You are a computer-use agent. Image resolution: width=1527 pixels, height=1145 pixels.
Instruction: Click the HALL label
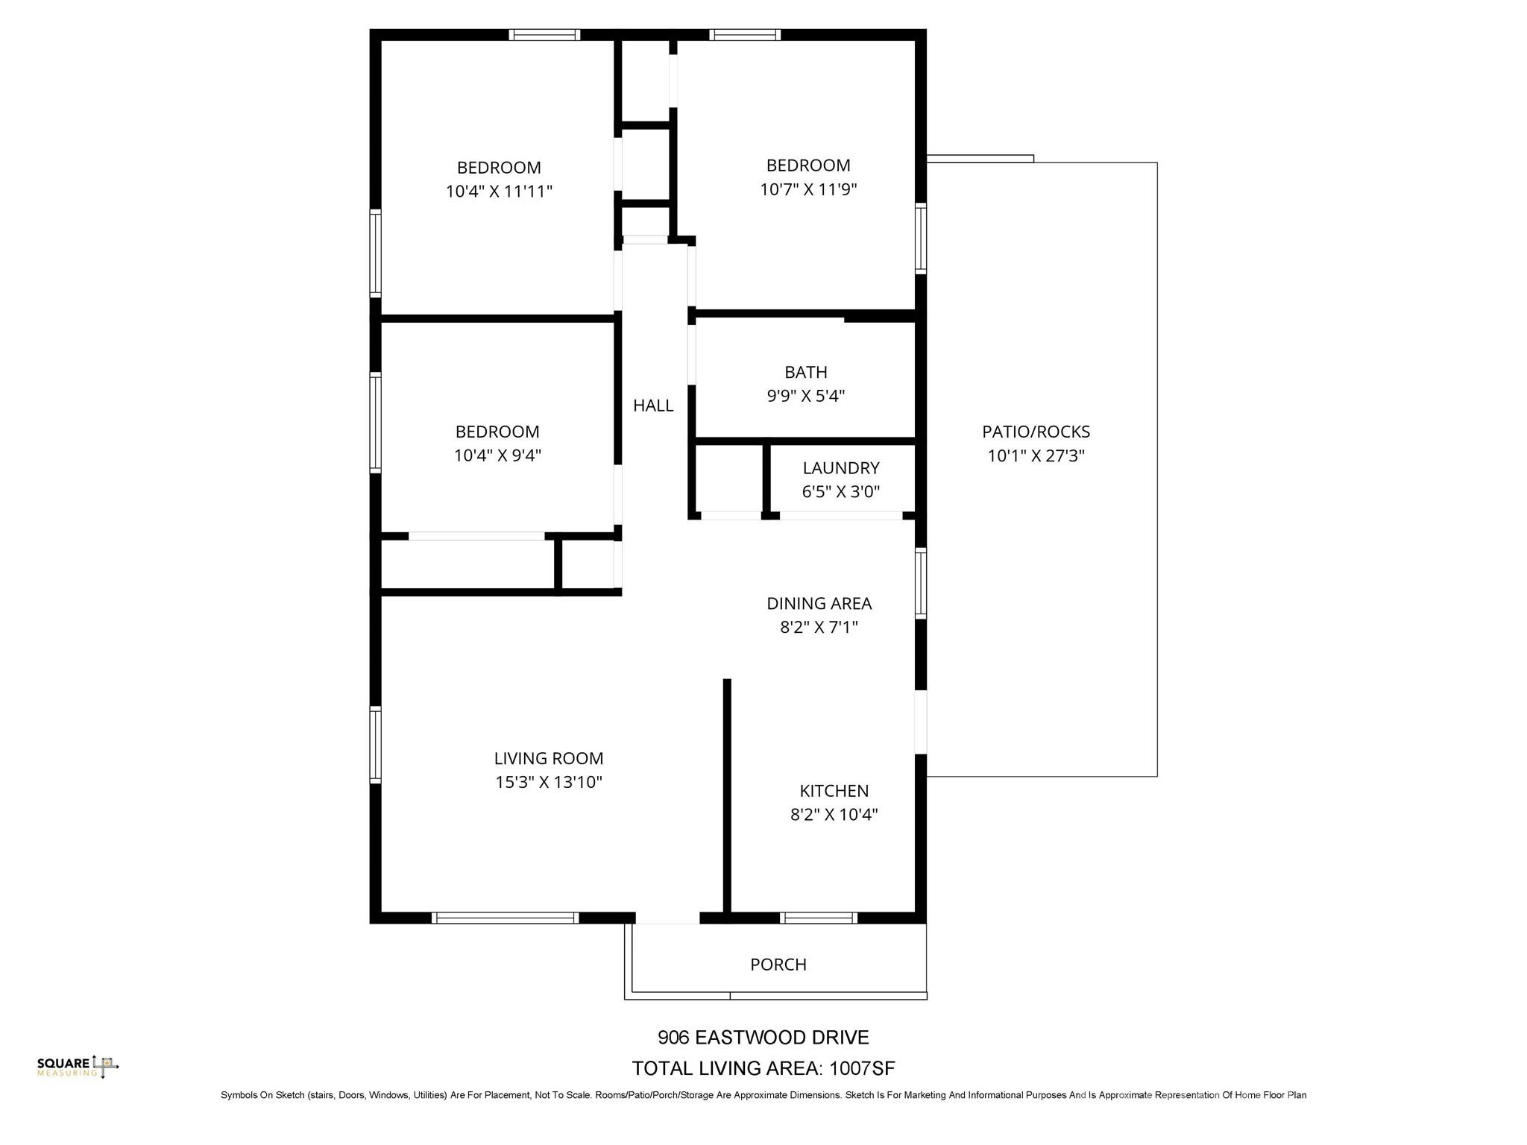pos(653,406)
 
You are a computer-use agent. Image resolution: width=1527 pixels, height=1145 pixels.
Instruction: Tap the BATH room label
pos(805,372)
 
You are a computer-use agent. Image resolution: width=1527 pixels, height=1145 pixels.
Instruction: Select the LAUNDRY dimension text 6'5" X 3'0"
pos(841,492)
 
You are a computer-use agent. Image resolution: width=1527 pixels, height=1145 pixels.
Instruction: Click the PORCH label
pos(778,965)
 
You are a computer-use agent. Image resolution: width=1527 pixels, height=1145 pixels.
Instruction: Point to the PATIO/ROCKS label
pos(1036,432)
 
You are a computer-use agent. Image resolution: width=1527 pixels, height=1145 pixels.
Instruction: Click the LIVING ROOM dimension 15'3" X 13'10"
pos(549,782)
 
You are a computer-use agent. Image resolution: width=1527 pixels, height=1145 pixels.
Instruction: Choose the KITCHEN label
pos(834,791)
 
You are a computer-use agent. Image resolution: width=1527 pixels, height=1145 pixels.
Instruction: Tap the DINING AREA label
pos(819,603)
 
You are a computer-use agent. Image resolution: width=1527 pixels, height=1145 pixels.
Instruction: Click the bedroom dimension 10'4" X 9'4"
pos(497,455)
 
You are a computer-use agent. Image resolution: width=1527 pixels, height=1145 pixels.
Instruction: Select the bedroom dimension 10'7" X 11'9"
pos(808,189)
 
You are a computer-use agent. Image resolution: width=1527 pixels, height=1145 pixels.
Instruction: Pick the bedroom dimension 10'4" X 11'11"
pos(499,192)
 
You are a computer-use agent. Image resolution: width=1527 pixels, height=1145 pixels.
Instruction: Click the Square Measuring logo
pos(78,1066)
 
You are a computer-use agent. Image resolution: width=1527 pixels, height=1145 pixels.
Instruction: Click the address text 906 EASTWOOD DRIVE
pos(763,1038)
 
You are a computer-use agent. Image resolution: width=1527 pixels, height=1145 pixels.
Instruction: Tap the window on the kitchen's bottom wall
pos(819,918)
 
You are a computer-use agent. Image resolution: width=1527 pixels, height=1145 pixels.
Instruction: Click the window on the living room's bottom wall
pos(506,918)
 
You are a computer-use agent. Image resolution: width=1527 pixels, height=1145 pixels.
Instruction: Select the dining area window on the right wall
pos(921,583)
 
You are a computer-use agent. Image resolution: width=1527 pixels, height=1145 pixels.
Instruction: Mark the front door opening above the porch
pos(667,918)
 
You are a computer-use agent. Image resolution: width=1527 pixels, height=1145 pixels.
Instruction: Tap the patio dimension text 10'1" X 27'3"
pos(1036,456)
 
